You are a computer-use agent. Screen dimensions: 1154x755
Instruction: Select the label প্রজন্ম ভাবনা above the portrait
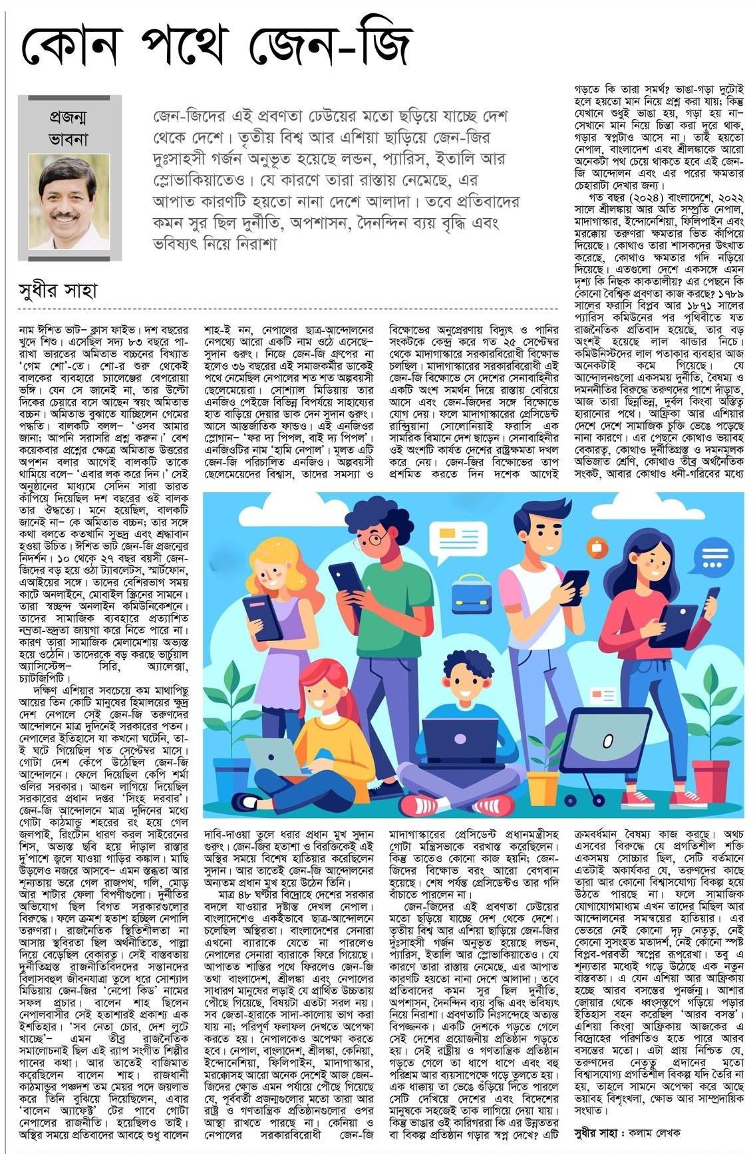click(69, 129)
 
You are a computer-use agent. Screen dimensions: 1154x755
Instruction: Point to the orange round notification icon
click(597, 547)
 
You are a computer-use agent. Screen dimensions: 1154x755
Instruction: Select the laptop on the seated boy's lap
click(459, 738)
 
